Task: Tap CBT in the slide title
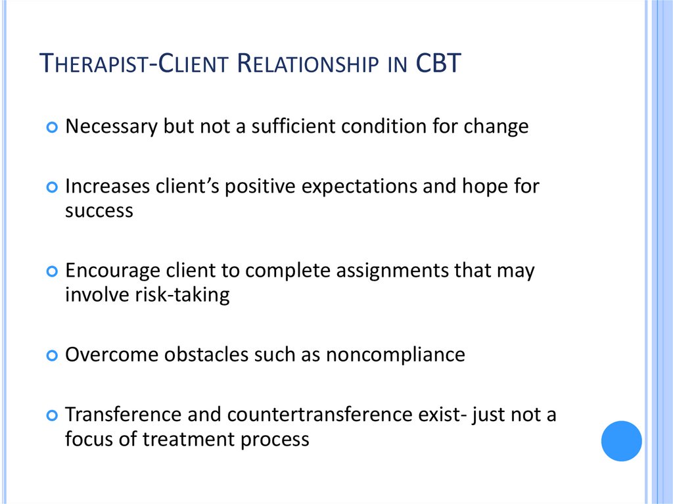tap(438, 65)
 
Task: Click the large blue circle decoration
tap(621, 441)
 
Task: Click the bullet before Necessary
tap(53, 127)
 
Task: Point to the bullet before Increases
tap(53, 187)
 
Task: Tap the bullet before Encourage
tap(53, 271)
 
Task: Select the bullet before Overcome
tap(53, 355)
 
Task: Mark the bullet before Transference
tap(53, 416)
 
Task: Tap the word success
tap(99, 210)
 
